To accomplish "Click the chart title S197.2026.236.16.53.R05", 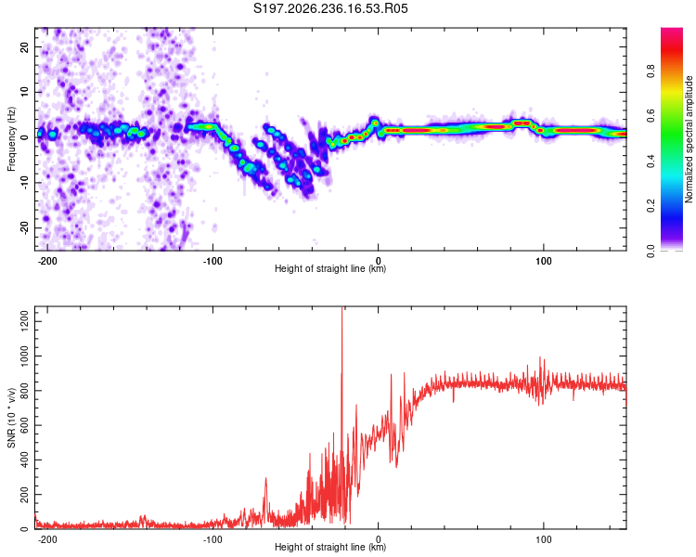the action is [x=330, y=8].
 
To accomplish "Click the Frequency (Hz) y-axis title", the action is [x=11, y=139].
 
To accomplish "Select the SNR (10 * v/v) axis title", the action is [x=11, y=418].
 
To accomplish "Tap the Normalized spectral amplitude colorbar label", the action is [x=689, y=139].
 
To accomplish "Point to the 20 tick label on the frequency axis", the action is [x=24, y=47].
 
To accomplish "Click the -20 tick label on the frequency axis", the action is [x=24, y=227].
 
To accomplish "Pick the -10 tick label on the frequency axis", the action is [x=24, y=183].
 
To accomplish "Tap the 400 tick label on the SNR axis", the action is [x=24, y=460].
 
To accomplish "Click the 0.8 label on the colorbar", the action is [x=651, y=71].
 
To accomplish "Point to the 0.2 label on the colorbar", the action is [x=651, y=206].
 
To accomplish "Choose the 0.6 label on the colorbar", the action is [x=651, y=115].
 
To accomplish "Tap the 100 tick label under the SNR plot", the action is [x=543, y=539].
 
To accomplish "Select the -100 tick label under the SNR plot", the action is [x=213, y=539].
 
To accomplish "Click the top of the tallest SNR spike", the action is [x=342, y=307].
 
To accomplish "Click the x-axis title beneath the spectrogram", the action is [x=330, y=268].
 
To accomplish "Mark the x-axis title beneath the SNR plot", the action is [x=330, y=547].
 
